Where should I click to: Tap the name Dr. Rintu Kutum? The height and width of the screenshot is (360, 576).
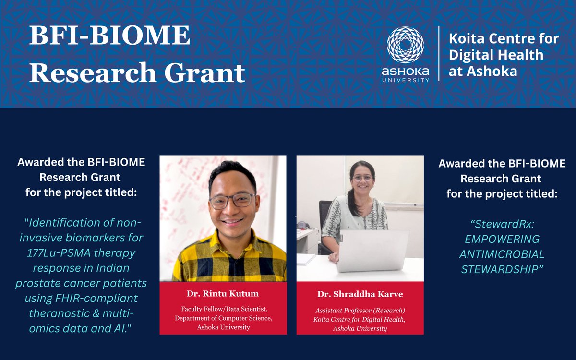pyautogui.click(x=223, y=293)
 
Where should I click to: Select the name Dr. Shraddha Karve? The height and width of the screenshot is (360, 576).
pyautogui.click(x=360, y=294)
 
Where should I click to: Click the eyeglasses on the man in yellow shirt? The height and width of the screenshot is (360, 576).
pyautogui.click(x=232, y=200)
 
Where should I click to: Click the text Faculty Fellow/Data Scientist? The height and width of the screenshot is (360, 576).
pyautogui.click(x=223, y=309)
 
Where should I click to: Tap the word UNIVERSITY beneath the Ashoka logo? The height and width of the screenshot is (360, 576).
pyautogui.click(x=405, y=80)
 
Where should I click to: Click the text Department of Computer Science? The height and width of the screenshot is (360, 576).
pyautogui.click(x=223, y=318)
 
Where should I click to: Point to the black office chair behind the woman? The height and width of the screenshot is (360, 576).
pyautogui.click(x=325, y=216)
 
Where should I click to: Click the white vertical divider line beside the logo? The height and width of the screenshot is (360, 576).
pyautogui.click(x=438, y=53)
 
